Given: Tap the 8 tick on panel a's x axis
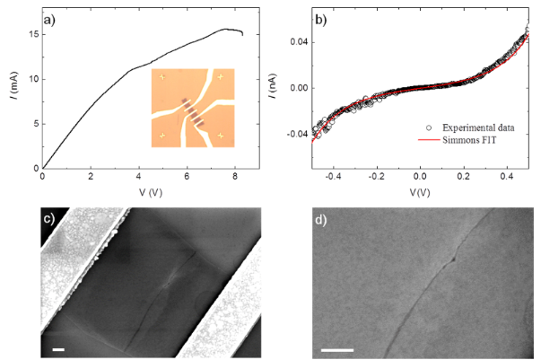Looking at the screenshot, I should [x=235, y=179].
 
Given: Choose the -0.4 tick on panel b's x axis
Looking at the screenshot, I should [x=334, y=179].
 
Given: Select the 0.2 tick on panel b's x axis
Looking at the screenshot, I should [x=465, y=179].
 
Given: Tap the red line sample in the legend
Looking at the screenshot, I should [x=423, y=141].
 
